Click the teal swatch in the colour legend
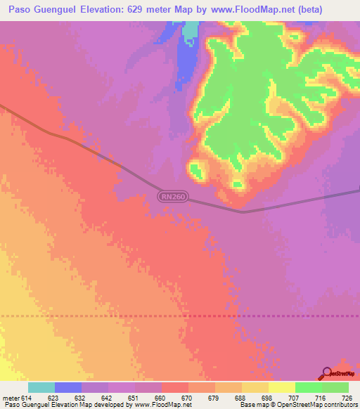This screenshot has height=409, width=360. (41, 387)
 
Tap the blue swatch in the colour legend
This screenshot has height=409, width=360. (68, 387)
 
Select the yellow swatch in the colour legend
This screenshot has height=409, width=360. (282, 387)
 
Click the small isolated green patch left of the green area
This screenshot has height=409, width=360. (195, 169)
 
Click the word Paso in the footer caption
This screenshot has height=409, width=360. (11, 405)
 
